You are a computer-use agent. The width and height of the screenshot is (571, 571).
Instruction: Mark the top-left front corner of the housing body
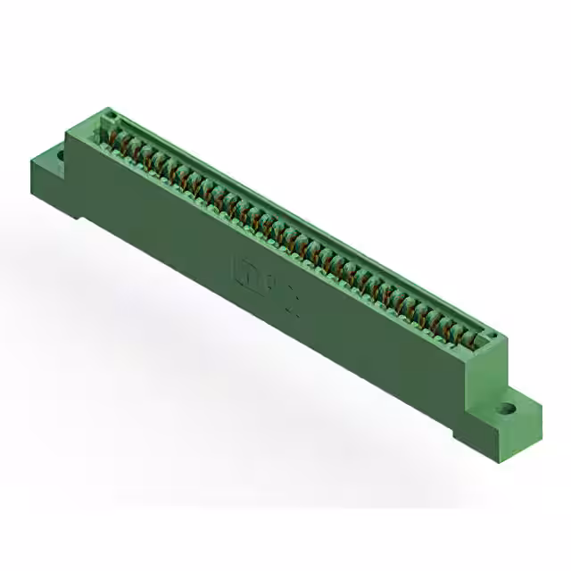click(67, 133)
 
